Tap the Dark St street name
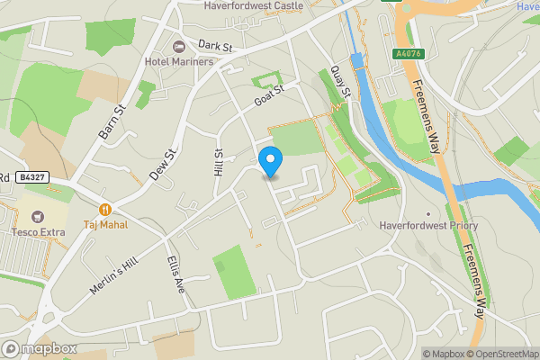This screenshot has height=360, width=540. click(215, 45)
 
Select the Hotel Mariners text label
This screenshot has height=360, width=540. click(178, 61)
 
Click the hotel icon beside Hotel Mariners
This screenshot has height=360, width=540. click(177, 45)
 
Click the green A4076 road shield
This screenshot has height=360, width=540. click(407, 54)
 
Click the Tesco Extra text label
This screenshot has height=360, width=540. click(37, 233)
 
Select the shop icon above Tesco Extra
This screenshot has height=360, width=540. click(37, 217)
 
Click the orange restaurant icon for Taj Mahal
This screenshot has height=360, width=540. click(105, 209)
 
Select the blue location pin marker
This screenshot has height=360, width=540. click(271, 161)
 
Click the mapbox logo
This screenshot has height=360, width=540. click(40, 349)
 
